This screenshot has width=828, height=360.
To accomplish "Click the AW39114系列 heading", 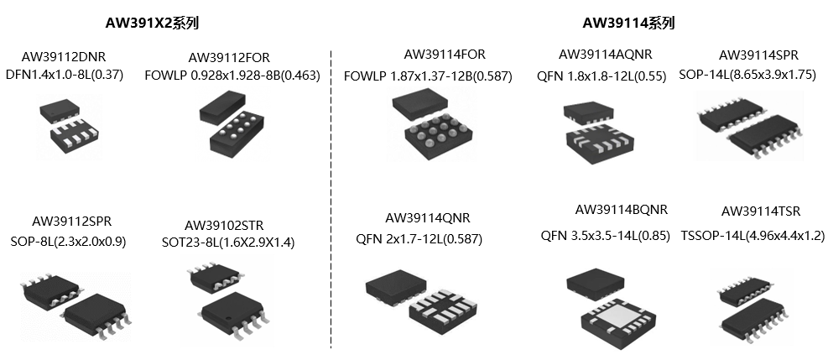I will tap(628, 23).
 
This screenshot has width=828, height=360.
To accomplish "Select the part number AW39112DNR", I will tap(64, 58).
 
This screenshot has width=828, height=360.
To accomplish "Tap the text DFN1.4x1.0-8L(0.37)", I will tap(64, 75).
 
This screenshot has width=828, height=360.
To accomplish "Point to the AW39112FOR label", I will tap(229, 58).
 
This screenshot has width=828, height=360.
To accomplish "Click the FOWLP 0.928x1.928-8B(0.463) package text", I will tap(232, 75).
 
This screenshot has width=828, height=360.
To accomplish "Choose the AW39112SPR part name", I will tap(71, 222).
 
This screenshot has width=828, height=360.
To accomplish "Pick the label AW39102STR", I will tap(224, 225).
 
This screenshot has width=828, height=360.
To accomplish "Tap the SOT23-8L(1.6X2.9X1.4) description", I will tap(228, 243).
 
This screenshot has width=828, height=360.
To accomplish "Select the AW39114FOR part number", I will tap(444, 55).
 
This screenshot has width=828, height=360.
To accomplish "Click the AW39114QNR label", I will tap(424, 218).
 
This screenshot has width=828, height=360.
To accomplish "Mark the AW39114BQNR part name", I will tap(622, 210).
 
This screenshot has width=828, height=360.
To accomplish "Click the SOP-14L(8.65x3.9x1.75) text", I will tap(747, 75).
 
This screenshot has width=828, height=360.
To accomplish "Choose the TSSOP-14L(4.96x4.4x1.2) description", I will tap(752, 236).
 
